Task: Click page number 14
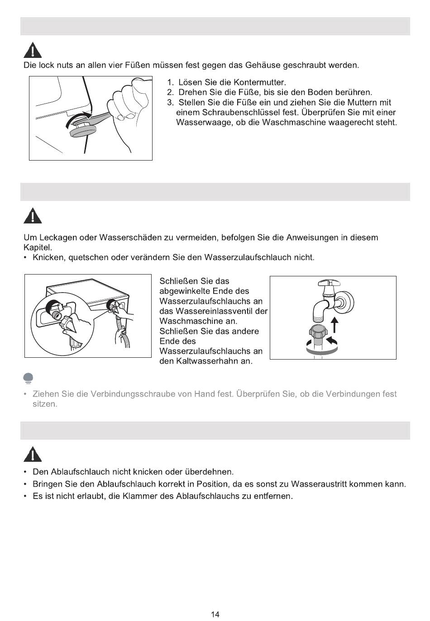pyautogui.click(x=215, y=614)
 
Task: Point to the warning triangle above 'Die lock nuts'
pyautogui.click(x=33, y=50)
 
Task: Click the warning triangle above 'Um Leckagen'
pyautogui.click(x=33, y=216)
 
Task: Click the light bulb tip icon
pyautogui.click(x=29, y=378)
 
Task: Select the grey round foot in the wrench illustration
pyautogui.click(x=83, y=130)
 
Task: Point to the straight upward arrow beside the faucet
pyautogui.click(x=335, y=325)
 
